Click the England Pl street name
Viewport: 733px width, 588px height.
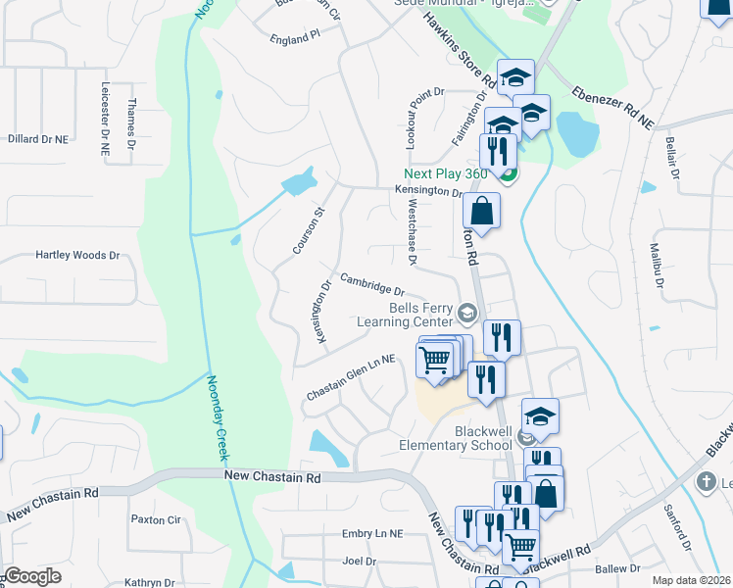point(294,35)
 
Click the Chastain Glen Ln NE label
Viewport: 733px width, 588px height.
point(350,376)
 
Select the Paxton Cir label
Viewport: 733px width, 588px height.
point(156,519)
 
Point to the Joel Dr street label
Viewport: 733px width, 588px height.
point(358,562)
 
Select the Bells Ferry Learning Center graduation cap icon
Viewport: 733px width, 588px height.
point(466,314)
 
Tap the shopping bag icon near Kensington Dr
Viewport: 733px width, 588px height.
point(482,210)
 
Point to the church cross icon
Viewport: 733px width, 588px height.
point(706,482)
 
